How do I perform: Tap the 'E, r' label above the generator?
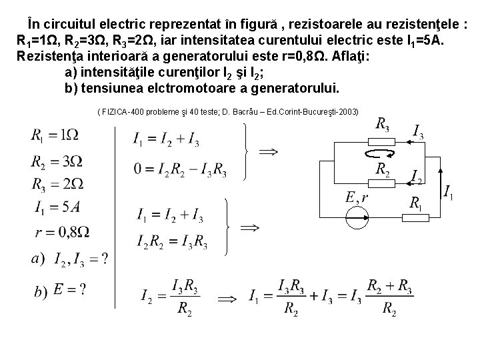click(x=357, y=197)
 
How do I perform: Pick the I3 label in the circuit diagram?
click(x=417, y=131)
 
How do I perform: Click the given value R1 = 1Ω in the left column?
click(x=55, y=135)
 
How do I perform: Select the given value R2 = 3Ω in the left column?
click(x=57, y=162)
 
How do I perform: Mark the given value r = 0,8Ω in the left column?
click(x=61, y=232)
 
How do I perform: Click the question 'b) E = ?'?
click(x=60, y=291)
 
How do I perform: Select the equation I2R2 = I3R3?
click(x=172, y=241)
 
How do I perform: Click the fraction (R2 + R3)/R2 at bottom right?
click(x=391, y=297)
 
